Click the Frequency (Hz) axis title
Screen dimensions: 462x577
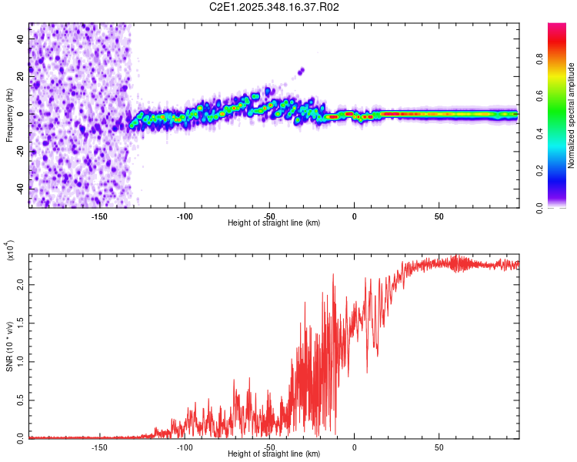(9, 115)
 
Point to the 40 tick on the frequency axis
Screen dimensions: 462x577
(21, 39)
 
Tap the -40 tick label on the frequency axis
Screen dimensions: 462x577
(21, 188)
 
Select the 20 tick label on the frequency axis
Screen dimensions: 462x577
(21, 76)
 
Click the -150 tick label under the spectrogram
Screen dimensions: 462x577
(99, 216)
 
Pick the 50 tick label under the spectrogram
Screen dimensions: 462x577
(439, 216)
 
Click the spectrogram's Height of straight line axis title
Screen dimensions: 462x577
(274, 223)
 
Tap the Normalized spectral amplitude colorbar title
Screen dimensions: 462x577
(572, 115)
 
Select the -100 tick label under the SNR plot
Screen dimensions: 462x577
(184, 447)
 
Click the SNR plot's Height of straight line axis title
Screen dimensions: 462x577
(274, 454)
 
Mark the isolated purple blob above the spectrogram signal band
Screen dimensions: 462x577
(301, 72)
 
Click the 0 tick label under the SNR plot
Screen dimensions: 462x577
(354, 447)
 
